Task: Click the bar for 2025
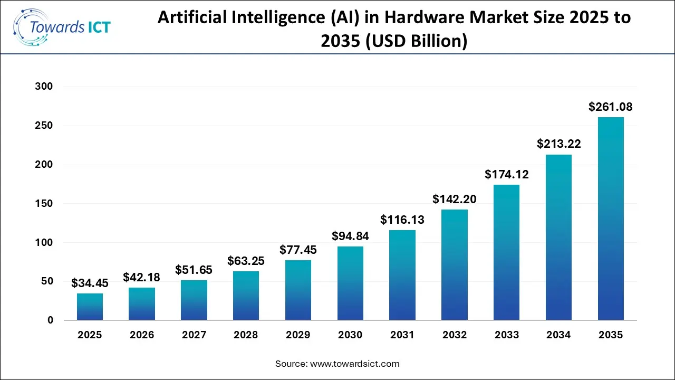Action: (90, 307)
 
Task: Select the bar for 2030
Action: (350, 283)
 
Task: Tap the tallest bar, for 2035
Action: (611, 218)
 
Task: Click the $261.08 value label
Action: (611, 107)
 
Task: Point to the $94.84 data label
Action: (350, 236)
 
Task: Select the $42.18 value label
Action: (142, 277)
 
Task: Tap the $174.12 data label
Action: (506, 174)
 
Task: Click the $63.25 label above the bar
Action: (246, 261)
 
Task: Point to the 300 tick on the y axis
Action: (44, 87)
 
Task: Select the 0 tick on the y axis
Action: (51, 320)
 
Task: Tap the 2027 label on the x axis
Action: (194, 335)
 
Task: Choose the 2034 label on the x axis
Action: (558, 335)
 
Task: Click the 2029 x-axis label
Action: (298, 335)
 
